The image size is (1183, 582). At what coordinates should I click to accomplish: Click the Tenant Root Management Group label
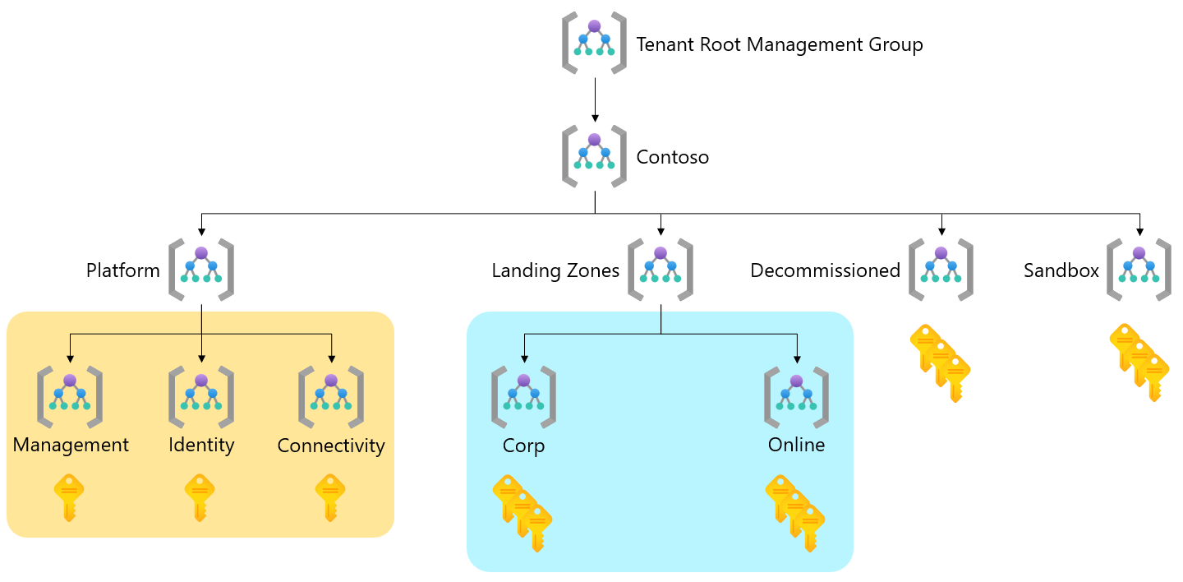click(x=779, y=44)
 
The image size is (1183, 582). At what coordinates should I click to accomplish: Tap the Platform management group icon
click(x=201, y=269)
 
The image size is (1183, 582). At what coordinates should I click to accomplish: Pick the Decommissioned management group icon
click(x=941, y=269)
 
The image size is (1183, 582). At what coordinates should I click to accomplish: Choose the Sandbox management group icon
click(x=1139, y=269)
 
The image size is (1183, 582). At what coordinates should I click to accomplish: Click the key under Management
click(x=70, y=497)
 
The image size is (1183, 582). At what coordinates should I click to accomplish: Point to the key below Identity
click(x=200, y=497)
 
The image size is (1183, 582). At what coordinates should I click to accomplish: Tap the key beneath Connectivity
click(x=330, y=497)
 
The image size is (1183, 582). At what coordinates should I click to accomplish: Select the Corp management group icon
click(x=523, y=397)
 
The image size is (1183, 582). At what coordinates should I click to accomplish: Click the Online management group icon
click(x=796, y=397)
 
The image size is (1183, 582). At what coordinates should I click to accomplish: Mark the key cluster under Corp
click(x=522, y=512)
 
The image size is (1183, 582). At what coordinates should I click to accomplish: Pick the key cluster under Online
click(x=795, y=512)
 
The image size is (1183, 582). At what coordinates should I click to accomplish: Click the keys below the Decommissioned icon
click(x=941, y=363)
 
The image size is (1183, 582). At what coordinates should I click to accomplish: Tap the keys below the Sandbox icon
click(x=1139, y=363)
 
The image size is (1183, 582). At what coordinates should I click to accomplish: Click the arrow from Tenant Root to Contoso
click(x=594, y=99)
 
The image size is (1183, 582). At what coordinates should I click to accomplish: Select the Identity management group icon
click(x=201, y=397)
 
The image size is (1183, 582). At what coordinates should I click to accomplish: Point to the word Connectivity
click(x=331, y=446)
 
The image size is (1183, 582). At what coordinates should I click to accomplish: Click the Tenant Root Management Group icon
click(x=594, y=43)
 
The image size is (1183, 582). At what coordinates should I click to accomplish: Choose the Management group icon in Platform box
click(x=70, y=397)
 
